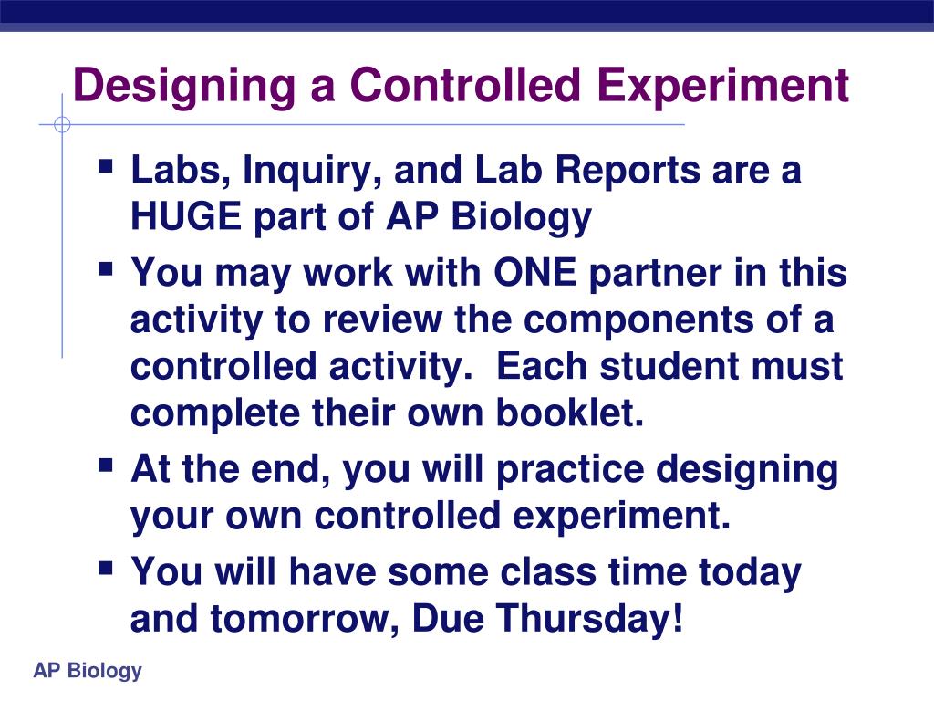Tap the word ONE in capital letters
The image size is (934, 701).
(x=534, y=274)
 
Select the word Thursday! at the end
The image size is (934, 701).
(x=590, y=619)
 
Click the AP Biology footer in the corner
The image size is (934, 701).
(x=88, y=671)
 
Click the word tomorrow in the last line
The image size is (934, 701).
(x=305, y=619)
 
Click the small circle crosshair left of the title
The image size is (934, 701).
(x=62, y=125)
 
